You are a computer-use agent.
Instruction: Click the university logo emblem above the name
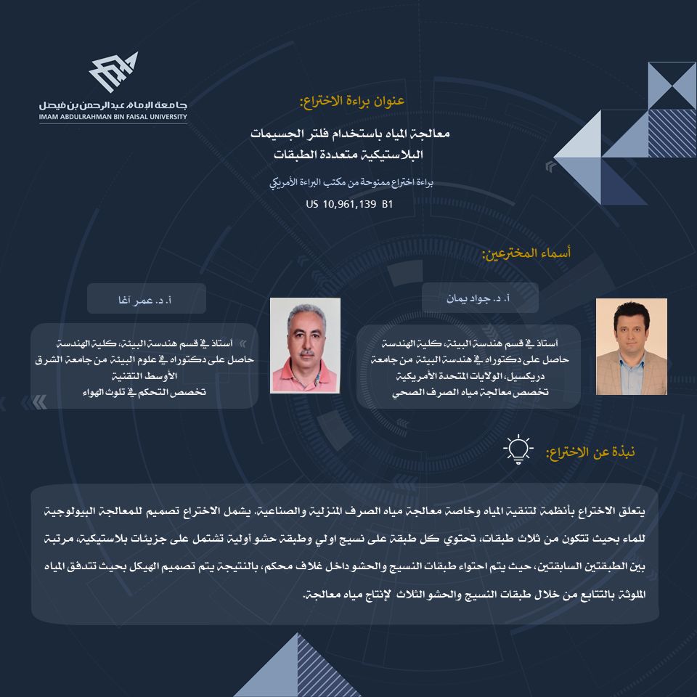113,72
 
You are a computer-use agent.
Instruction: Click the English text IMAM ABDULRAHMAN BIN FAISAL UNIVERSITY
113,116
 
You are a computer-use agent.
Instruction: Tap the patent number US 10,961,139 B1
349,205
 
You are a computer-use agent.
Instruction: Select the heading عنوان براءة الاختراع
351,101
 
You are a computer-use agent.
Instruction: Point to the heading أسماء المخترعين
526,253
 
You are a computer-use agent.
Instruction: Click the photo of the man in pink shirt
305,345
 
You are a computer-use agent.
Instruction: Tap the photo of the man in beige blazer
631,346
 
